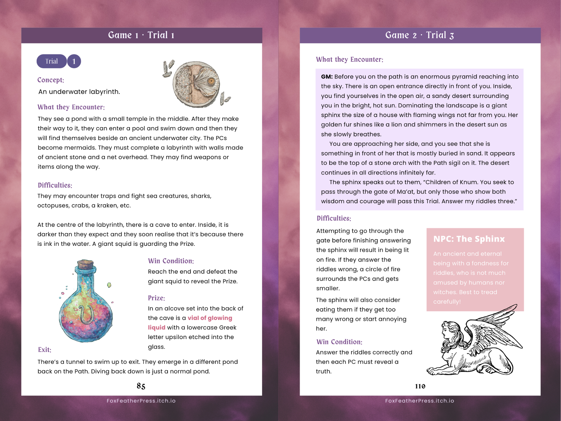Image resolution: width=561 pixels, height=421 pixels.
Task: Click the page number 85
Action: tap(141, 386)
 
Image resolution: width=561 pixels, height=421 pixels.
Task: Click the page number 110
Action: tap(420, 386)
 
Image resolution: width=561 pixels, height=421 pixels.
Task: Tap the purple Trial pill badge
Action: tap(52, 61)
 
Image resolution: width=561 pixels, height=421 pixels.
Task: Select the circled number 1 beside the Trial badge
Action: tap(74, 61)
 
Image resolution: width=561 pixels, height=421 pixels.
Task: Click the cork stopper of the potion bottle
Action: tap(85, 264)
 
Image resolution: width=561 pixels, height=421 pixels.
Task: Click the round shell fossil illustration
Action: tap(196, 84)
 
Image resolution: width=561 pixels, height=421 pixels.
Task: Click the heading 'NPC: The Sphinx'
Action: tap(469, 239)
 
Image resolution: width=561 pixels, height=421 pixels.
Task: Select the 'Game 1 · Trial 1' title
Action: tap(141, 35)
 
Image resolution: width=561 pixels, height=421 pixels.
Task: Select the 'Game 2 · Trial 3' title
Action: tap(420, 35)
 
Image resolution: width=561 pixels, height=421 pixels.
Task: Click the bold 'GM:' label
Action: tap(327, 77)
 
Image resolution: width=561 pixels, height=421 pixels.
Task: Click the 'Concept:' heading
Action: tap(51, 80)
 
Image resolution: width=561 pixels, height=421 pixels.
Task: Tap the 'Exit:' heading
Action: tap(45, 350)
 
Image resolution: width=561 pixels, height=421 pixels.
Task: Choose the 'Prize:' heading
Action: tap(156, 298)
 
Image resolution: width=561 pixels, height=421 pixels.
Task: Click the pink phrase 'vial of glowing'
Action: tap(210, 318)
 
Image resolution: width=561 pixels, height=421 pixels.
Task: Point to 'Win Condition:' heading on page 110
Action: tap(339, 342)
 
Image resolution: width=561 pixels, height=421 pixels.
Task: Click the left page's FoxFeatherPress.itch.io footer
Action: tap(141, 401)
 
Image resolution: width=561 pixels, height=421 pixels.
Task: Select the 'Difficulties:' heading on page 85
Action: tap(55, 185)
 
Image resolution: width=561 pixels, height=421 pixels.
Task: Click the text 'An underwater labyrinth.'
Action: tap(79, 92)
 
